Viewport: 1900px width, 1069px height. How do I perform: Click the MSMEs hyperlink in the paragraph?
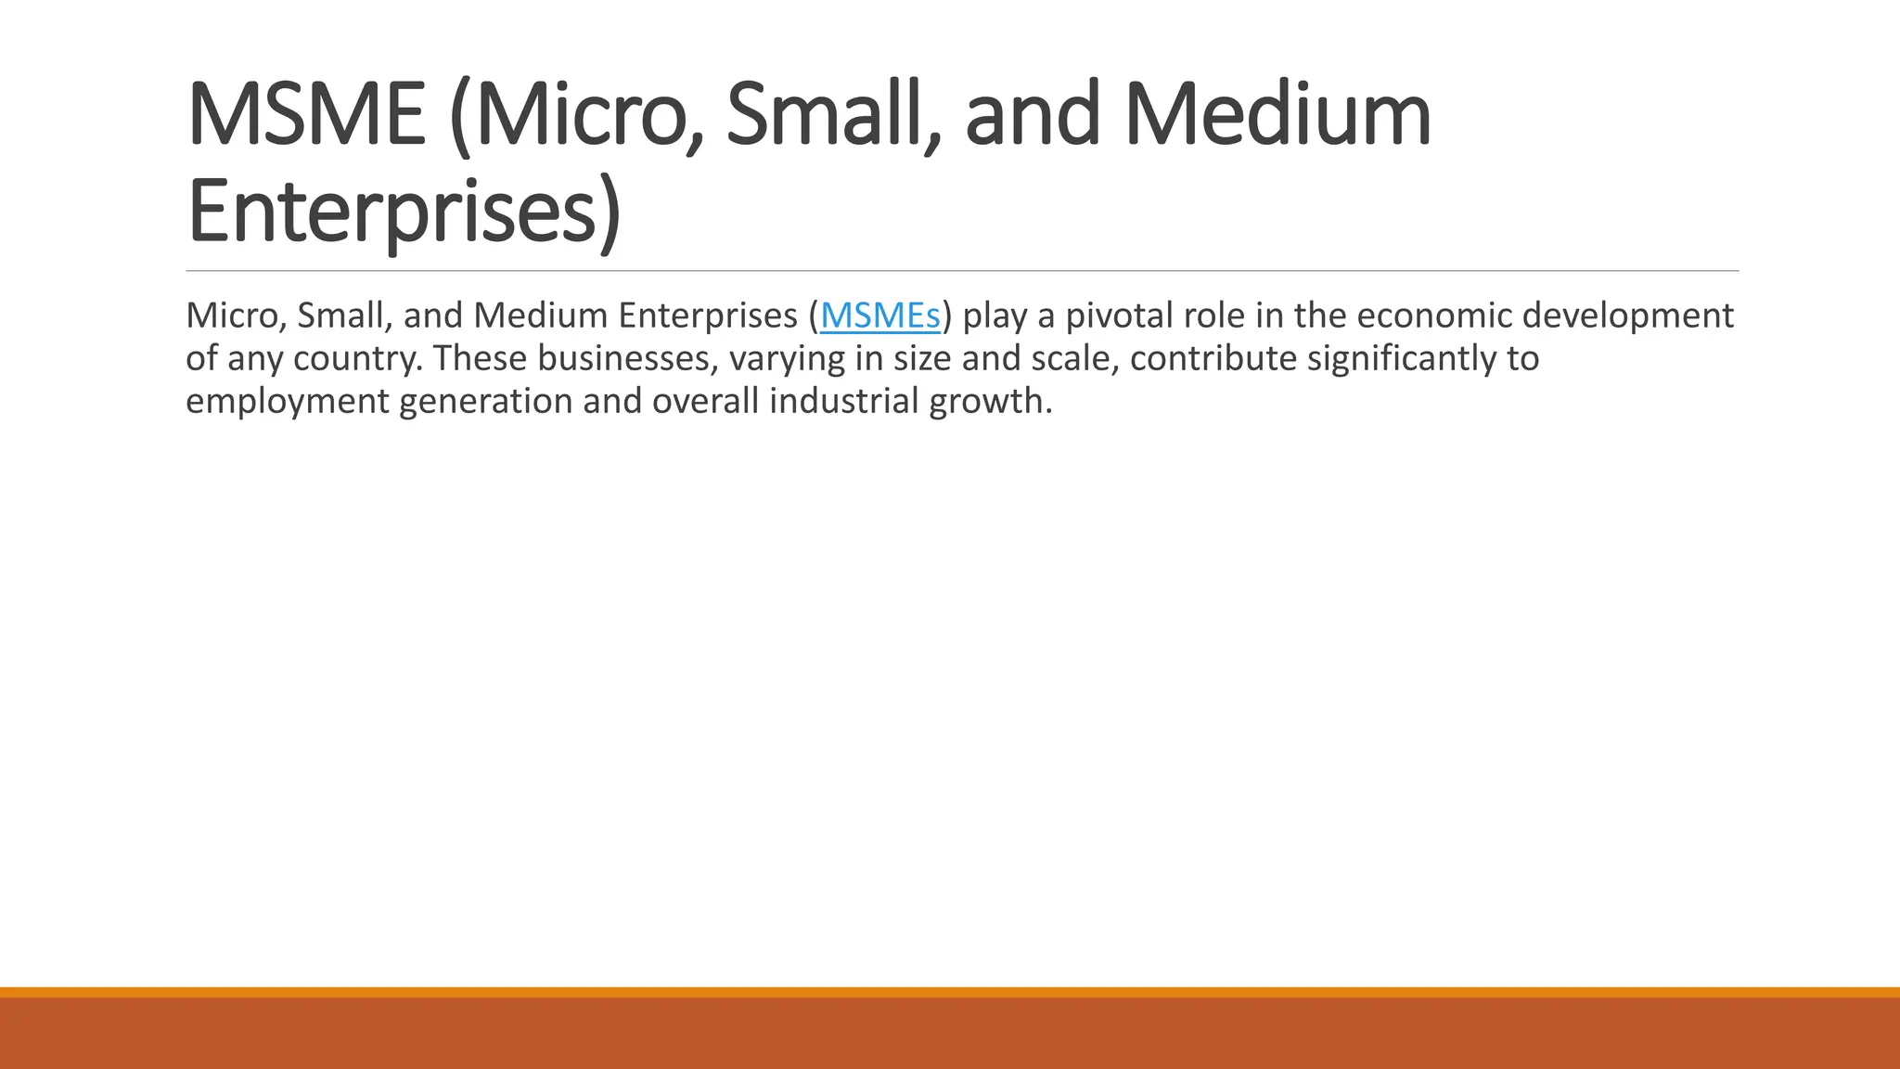(879, 316)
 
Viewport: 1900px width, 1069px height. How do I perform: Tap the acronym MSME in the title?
(306, 116)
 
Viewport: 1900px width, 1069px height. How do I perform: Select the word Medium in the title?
(1277, 116)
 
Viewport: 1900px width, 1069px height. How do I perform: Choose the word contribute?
(1213, 359)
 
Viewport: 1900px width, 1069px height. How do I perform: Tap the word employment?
(287, 402)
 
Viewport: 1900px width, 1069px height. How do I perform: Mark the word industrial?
(843, 402)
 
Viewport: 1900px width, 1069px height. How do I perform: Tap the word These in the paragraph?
(480, 359)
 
